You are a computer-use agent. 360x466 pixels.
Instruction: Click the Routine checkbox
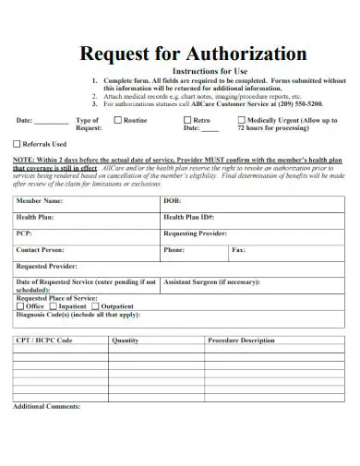[x=117, y=121]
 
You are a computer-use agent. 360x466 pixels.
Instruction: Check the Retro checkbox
[x=186, y=121]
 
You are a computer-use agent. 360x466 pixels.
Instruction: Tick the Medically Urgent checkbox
[x=243, y=121]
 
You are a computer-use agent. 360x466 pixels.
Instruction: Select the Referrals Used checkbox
[x=17, y=145]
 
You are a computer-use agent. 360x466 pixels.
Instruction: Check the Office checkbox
[x=20, y=306]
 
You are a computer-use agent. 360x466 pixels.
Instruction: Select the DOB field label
[x=173, y=200]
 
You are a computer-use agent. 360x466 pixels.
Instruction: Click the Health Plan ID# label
[x=189, y=217]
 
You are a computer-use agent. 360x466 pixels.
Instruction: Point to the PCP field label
[x=24, y=233]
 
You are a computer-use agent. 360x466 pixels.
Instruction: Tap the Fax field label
[x=238, y=250]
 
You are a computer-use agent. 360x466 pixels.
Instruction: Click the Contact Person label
[x=41, y=250]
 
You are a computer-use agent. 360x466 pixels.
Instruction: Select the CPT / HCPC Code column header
[x=43, y=341]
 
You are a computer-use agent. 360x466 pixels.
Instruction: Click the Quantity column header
[x=126, y=341]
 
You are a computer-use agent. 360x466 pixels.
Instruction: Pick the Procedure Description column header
[x=241, y=341]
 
